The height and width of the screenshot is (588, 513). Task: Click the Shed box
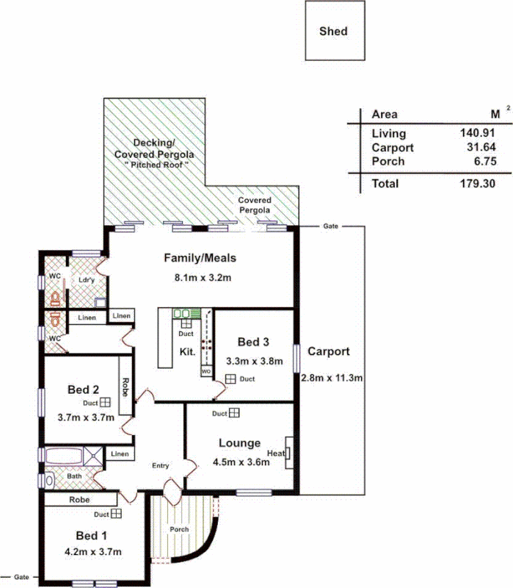coord(335,32)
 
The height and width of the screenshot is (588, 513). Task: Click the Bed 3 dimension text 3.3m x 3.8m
coord(253,362)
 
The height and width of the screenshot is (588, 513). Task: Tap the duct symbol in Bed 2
coord(106,403)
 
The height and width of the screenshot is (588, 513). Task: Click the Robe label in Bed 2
coord(125,387)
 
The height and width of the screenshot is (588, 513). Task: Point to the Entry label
coord(159,466)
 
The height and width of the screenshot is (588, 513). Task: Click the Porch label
coord(179,529)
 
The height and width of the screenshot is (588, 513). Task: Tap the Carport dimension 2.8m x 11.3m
coord(332,379)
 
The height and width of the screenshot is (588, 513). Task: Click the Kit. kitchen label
coord(187,352)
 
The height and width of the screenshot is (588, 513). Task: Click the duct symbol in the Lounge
coord(234,414)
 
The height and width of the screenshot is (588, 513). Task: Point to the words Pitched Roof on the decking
coord(164,165)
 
